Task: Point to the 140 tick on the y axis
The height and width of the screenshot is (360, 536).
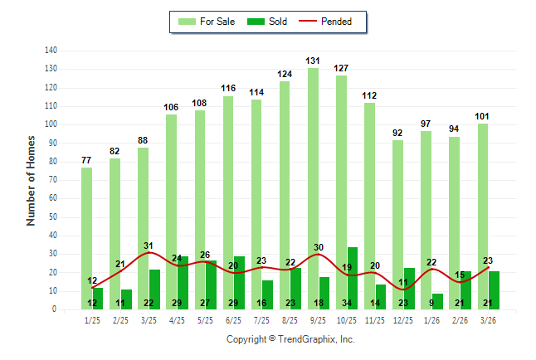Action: tap(51, 51)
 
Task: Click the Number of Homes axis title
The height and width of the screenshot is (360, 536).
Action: tap(32, 180)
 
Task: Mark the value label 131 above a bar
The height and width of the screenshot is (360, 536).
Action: tap(313, 61)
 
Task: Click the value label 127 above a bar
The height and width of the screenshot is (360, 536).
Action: tap(341, 68)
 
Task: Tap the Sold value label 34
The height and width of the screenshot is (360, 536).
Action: tap(347, 303)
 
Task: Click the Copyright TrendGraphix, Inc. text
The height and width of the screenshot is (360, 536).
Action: tap(290, 339)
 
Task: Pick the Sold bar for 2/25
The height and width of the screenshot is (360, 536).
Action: tap(126, 299)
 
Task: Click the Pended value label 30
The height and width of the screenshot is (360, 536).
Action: tap(318, 247)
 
